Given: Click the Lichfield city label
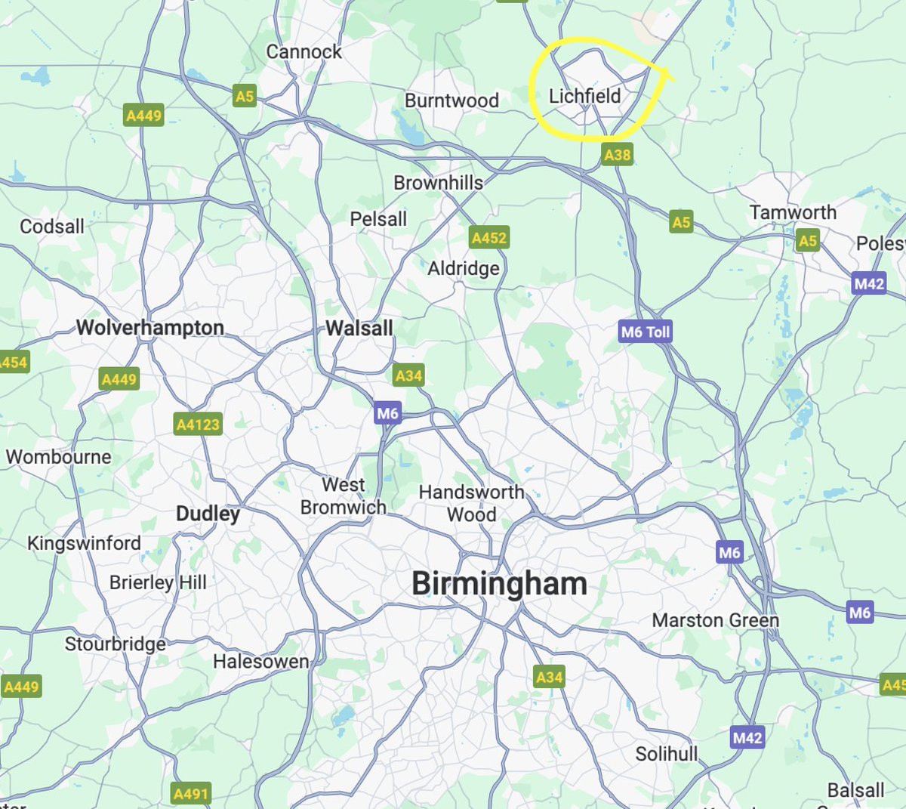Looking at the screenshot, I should coord(584,96).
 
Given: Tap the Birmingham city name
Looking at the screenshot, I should coord(499,584).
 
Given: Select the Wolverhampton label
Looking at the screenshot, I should coord(150,327).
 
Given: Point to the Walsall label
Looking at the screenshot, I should coord(359,328).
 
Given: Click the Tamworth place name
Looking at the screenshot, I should coord(793,212).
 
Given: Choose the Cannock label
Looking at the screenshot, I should coord(304,51).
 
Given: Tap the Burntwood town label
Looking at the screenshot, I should coord(451,100).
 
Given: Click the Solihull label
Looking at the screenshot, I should coord(666,754).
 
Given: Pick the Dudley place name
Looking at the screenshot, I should coord(208,514).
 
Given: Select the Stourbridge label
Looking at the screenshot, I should coord(115,644).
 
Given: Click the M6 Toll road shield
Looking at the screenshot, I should coord(645,332).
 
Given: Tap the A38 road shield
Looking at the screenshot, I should coord(617,155).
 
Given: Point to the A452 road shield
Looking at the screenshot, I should coord(488,238).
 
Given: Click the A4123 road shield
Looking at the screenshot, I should coord(198,425).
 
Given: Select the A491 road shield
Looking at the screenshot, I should coord(190,794).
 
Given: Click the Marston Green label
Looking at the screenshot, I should coord(715,620).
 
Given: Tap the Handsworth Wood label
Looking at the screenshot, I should coord(471,503).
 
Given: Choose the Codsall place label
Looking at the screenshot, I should coord(52,226).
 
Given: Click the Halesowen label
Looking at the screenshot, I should coord(260,662).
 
